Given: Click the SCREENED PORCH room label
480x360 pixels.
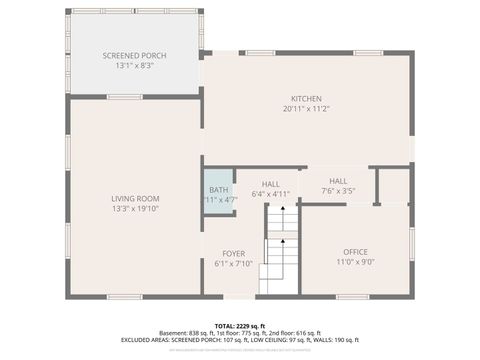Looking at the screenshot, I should [134, 55].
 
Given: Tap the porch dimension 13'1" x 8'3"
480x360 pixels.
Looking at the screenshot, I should [134, 65].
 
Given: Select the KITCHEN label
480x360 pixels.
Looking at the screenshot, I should [306, 98].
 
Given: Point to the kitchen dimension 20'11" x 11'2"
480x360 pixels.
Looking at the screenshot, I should [306, 108].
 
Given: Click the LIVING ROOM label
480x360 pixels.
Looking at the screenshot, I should [135, 199].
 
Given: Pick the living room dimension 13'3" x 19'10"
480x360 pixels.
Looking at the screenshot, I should [135, 209].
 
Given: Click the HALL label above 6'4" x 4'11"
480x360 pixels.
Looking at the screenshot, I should [271, 184].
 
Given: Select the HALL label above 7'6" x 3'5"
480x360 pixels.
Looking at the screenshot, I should [338, 180].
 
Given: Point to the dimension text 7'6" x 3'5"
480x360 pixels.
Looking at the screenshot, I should [338, 190].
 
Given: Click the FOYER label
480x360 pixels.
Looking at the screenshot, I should [233, 254].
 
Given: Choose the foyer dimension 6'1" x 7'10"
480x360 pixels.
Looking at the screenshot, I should [233, 264].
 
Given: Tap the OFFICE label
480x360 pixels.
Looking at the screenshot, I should [355, 252].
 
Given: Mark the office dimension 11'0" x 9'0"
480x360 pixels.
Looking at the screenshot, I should [355, 262].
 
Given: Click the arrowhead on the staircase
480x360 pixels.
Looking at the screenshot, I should [282, 211].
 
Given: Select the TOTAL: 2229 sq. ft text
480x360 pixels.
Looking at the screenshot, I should [239, 326].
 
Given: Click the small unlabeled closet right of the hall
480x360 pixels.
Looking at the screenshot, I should [393, 186].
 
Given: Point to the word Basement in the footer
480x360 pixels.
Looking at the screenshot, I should [174, 333].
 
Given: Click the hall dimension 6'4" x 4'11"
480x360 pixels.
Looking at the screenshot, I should [271, 194].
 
